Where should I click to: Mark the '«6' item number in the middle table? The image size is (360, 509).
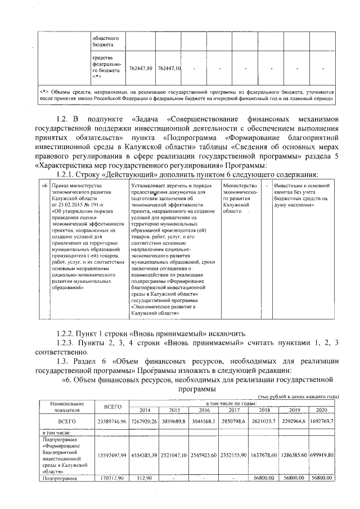[44, 184]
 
